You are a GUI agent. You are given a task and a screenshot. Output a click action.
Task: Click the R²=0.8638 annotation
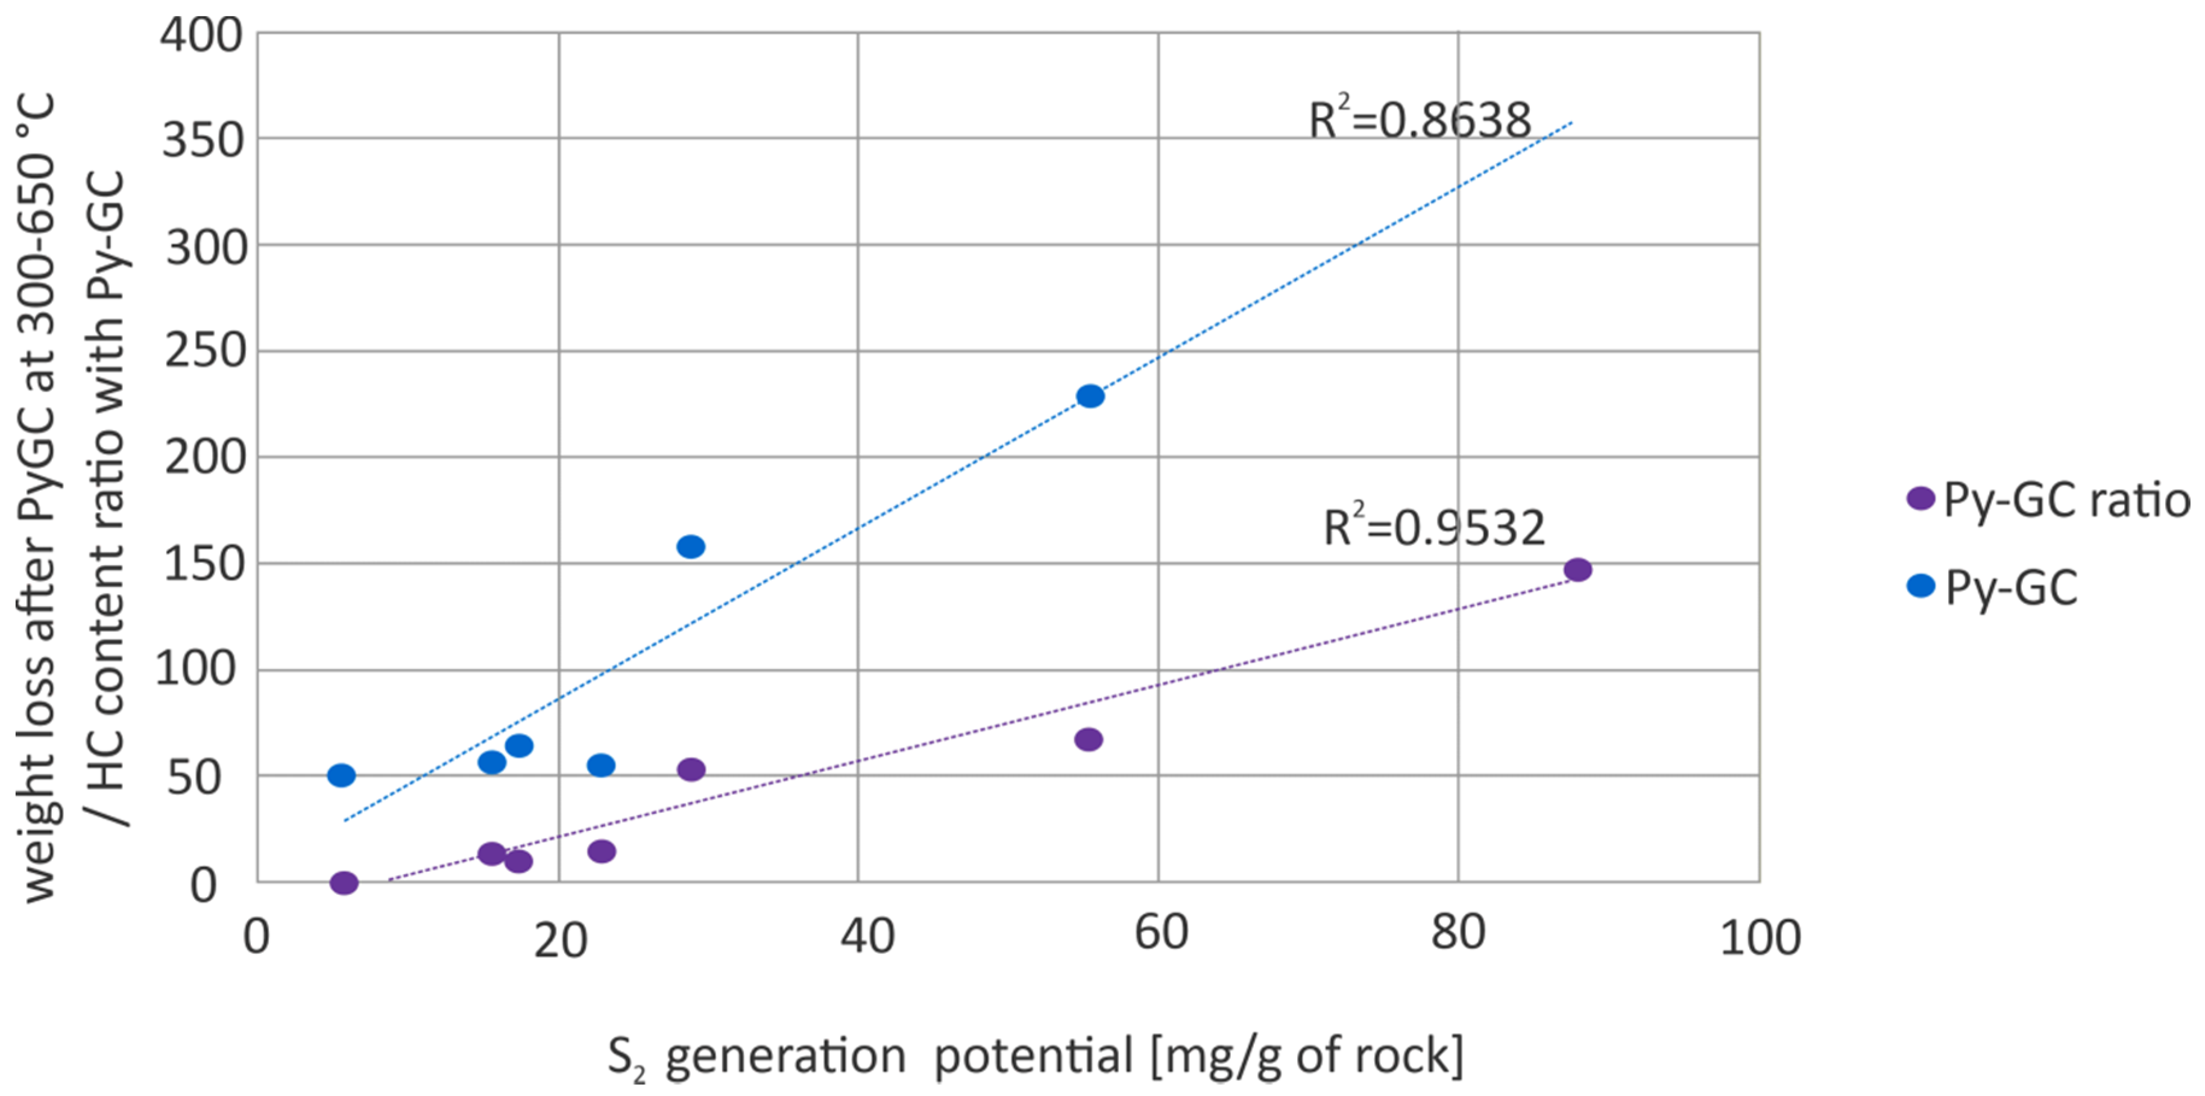[1419, 121]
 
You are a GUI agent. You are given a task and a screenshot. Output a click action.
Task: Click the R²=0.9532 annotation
[1434, 528]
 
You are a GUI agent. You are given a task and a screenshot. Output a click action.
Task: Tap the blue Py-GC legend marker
[1921, 586]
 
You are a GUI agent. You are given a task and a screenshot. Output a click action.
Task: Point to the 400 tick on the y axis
[202, 36]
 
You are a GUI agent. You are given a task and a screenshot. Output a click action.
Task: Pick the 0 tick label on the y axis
[204, 885]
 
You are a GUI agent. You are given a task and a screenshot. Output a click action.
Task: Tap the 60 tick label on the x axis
[1161, 933]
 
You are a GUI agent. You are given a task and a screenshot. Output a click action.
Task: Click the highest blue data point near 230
[1090, 396]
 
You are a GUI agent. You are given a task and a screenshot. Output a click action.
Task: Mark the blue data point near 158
[691, 546]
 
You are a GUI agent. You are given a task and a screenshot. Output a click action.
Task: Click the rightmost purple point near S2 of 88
[1577, 570]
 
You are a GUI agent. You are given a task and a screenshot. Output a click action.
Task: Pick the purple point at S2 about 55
[1088, 739]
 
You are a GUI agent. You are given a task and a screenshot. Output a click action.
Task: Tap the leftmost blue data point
[342, 775]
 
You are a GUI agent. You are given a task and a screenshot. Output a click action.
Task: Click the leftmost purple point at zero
[344, 882]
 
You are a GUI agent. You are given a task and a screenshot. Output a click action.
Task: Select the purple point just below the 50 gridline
[691, 769]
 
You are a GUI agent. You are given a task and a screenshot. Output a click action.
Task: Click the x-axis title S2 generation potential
[1035, 1057]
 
